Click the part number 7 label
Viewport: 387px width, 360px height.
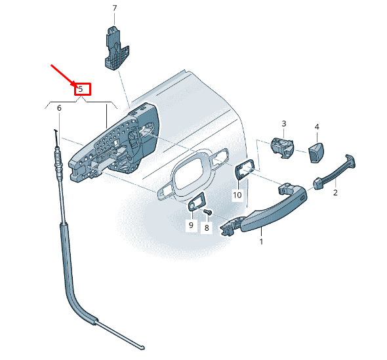click(x=114, y=9)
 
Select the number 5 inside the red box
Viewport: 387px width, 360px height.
click(x=81, y=89)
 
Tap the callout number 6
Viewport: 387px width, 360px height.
click(x=59, y=108)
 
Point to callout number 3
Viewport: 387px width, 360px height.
click(x=284, y=123)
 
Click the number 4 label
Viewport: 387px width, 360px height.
click(x=317, y=127)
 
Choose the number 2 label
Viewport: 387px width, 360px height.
click(x=335, y=193)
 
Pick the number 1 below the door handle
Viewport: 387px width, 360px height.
click(x=261, y=241)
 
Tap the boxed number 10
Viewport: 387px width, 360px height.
click(x=237, y=195)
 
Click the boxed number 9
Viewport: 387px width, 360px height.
click(x=191, y=225)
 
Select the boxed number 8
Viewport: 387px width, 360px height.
click(x=207, y=228)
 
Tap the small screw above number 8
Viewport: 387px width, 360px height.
click(x=207, y=212)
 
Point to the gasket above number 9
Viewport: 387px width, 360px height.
click(x=197, y=201)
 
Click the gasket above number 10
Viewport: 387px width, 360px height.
click(x=245, y=169)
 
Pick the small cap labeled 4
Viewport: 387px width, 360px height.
click(x=316, y=152)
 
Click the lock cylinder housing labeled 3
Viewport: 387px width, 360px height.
click(x=282, y=148)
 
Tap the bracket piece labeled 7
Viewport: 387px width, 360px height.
click(x=116, y=48)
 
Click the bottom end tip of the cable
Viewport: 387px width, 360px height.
click(x=142, y=348)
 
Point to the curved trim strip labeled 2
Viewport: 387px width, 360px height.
click(x=335, y=172)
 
